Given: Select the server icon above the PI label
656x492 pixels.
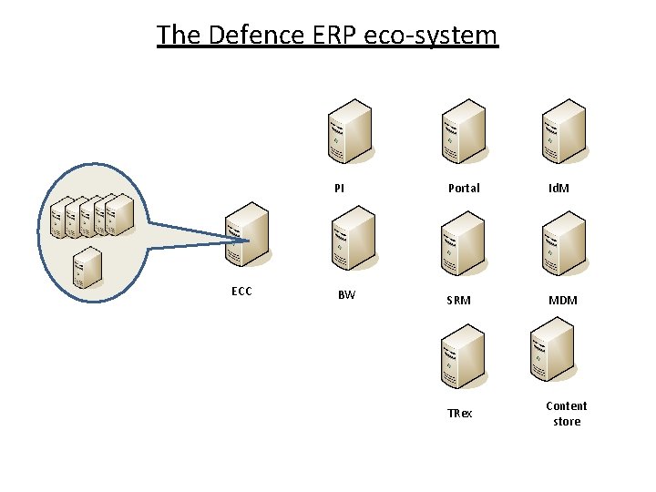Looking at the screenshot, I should (349, 133).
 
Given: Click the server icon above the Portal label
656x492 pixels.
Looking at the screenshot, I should (463, 133).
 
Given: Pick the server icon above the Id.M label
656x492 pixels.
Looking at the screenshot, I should (562, 133).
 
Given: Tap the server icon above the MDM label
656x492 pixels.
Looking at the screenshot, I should (562, 244).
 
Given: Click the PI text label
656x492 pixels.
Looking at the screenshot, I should (339, 189).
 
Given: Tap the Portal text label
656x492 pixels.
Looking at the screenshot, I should (464, 189).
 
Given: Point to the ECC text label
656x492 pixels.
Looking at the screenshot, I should (241, 292).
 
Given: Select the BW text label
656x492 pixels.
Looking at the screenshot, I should (346, 295).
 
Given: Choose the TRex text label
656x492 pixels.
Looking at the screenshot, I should (460, 414).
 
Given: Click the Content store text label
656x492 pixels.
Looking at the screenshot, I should (567, 414).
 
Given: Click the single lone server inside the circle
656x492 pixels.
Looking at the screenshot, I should (87, 268).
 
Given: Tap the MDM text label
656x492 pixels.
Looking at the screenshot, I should (562, 301).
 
